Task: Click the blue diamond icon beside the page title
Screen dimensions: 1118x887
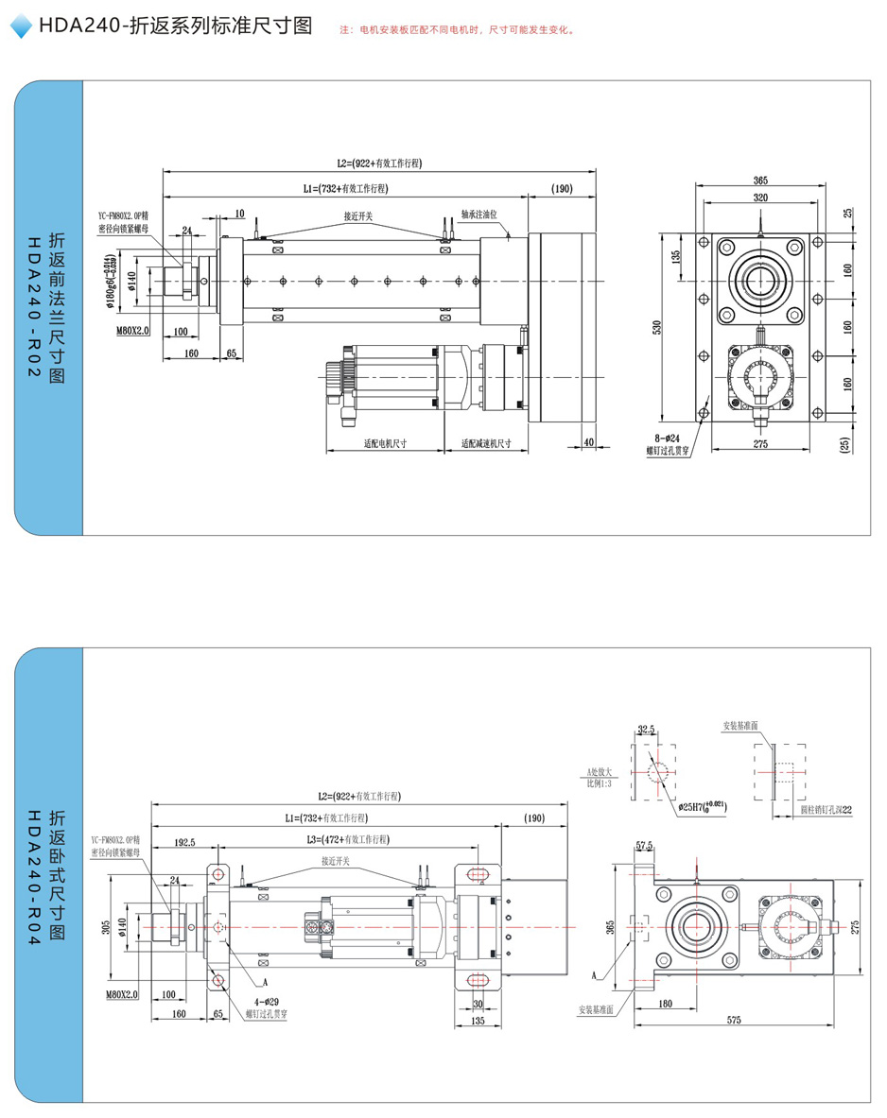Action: (21, 27)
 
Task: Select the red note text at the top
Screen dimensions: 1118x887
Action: (456, 30)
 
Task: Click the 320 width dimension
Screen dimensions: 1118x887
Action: (760, 198)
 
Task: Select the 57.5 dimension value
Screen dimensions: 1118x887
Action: (645, 845)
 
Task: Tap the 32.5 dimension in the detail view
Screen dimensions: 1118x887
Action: (647, 730)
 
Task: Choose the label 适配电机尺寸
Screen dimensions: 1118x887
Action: (385, 443)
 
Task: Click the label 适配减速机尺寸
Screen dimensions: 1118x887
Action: (486, 443)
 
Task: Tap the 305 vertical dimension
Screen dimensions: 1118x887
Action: (106, 928)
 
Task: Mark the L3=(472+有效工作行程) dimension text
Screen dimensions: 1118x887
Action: (347, 839)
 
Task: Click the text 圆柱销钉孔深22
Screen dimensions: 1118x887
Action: (826, 810)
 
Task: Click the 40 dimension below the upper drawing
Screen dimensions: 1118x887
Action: (588, 441)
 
